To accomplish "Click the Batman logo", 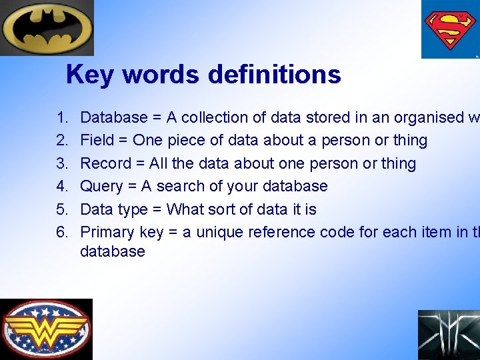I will (x=47, y=27).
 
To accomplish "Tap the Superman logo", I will (x=450, y=29).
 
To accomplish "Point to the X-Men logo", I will (x=449, y=335).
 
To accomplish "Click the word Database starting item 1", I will (x=113, y=118).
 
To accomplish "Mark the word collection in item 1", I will (x=213, y=118).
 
